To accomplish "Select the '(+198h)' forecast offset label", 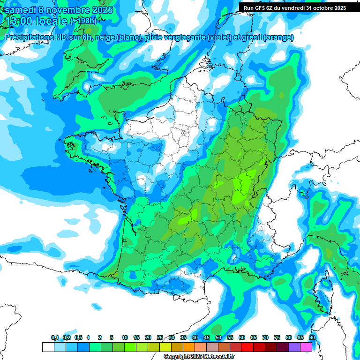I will click(x=84, y=21).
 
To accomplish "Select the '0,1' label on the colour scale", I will click(x=55, y=338).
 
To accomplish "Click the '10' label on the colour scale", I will click(x=125, y=338).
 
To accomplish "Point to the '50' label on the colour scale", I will click(x=218, y=338).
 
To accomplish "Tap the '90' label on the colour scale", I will click(x=312, y=338).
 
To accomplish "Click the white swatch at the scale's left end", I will click(x=48, y=347).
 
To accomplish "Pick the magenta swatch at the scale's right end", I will click(x=306, y=347).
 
